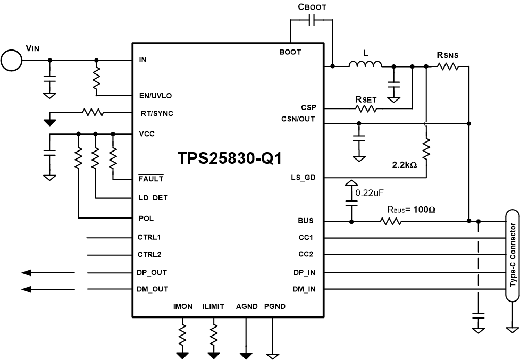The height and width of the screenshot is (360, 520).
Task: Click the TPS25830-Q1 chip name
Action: coord(229,158)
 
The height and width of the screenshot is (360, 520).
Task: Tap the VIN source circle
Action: coord(11,60)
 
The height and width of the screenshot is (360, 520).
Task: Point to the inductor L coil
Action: coord(365,65)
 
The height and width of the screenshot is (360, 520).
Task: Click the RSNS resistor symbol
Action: coord(447,66)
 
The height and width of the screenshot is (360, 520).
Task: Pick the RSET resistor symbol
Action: coord(366,108)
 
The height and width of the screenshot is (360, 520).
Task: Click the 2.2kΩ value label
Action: coord(404,165)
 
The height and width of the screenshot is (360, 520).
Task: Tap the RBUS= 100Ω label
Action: coord(411,210)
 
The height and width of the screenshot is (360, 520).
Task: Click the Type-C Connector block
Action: coord(513,255)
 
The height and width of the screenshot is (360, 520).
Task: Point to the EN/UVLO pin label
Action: coord(155,96)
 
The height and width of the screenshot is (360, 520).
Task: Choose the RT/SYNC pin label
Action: coord(157,113)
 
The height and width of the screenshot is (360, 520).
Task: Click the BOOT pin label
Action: coord(290,52)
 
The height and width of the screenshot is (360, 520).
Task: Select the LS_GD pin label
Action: coord(303,178)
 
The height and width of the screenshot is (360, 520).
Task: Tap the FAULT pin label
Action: coord(151,179)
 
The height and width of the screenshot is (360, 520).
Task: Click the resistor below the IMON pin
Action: coord(183,334)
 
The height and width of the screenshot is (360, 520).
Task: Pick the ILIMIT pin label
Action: coord(213,306)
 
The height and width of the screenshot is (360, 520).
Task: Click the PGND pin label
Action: coord(274,306)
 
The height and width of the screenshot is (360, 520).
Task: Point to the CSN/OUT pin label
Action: coord(298,119)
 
